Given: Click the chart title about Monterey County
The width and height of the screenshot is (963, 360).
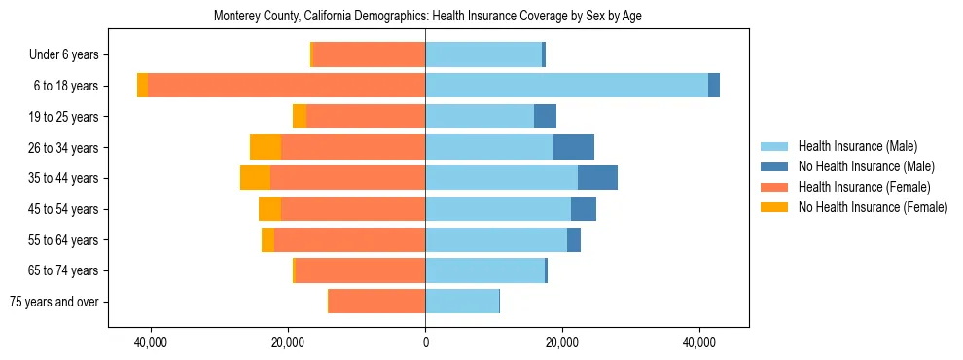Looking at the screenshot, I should pos(427,16).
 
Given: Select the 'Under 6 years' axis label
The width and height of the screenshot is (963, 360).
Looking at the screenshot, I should pos(69,55).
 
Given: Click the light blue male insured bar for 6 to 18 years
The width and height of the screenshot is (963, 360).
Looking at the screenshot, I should pos(566,86).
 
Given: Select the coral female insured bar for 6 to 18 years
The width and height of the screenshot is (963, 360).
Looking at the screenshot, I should pos(286,86).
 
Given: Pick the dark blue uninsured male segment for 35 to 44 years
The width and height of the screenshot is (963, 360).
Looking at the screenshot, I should pos(597,178).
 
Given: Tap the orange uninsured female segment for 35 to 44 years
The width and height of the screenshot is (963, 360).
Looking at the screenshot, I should pos(255,178).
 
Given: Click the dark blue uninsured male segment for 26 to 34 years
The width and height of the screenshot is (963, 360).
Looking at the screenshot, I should pos(573,147).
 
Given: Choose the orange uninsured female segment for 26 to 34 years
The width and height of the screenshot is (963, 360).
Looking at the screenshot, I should pos(266,147).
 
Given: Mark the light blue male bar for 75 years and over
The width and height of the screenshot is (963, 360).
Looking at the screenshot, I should pos(462,302).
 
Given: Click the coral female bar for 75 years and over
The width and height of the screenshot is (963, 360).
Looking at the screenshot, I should pos(376,302).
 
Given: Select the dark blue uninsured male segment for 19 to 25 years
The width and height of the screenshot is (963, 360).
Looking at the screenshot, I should pos(545,117).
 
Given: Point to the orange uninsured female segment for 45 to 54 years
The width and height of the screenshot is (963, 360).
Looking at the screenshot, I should pos(269,209).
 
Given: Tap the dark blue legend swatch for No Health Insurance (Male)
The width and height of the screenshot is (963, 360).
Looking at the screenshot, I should pos(774,166).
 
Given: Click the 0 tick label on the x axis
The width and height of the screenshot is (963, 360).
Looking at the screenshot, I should pos(425,342).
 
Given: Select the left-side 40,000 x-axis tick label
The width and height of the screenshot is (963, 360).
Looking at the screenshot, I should pos(151,342).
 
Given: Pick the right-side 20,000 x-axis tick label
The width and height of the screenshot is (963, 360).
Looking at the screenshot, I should pos(562,342).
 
